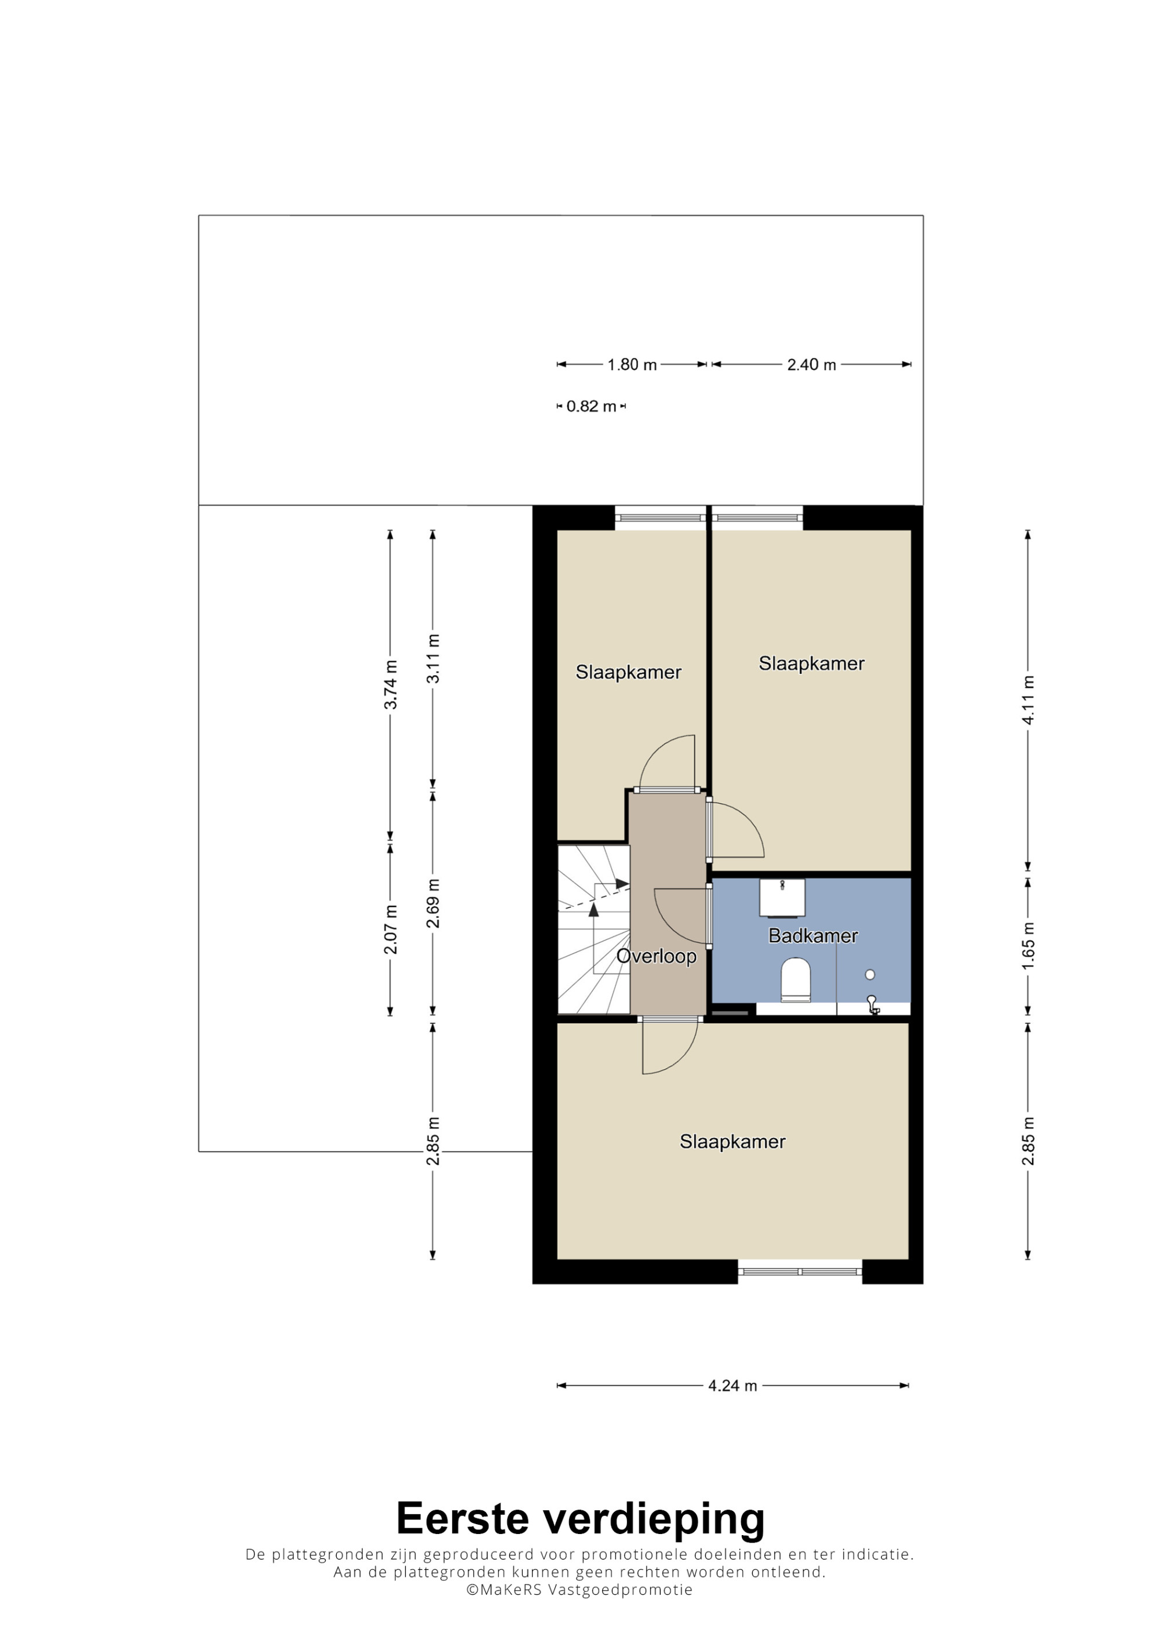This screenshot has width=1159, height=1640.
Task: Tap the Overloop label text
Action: (x=656, y=956)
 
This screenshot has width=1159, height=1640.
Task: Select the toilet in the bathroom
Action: (x=796, y=980)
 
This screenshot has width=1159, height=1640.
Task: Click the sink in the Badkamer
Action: (x=782, y=897)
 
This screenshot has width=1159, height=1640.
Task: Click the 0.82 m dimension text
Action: (x=591, y=406)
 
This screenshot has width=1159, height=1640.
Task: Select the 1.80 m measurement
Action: (x=632, y=365)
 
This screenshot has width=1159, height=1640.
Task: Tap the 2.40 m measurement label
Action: (x=811, y=365)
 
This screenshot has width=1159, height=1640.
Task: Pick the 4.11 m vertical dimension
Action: (x=1027, y=700)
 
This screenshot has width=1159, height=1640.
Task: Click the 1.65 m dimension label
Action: (x=1027, y=946)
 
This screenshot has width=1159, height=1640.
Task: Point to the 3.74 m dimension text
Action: (x=391, y=684)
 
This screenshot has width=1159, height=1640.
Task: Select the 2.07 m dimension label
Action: (x=391, y=930)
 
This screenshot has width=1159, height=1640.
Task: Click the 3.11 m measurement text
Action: (x=433, y=658)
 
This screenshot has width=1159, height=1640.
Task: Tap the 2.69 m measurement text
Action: (x=433, y=903)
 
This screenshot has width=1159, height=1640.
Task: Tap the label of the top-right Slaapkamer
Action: (x=811, y=664)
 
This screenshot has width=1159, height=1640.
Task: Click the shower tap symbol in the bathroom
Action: (x=872, y=1005)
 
